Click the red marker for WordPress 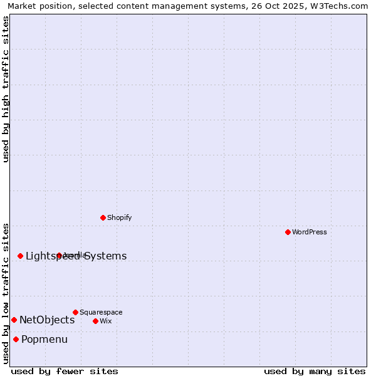coord(288,232)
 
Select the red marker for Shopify coord(103,217)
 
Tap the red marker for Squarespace coord(75,312)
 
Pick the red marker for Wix coord(95,321)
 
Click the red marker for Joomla coord(59,255)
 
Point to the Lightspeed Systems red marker coord(20,256)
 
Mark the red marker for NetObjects coord(14,320)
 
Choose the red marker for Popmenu coord(16,339)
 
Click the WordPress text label coord(310,232)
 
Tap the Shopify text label coord(119,218)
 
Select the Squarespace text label coord(101,313)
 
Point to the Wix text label coord(105,321)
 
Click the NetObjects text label coord(47,320)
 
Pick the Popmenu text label coord(44,340)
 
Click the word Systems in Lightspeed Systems coord(105,256)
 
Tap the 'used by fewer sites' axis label coord(65,371)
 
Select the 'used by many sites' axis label coord(315,371)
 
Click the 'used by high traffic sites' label coord(6,89)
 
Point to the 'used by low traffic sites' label coord(6,293)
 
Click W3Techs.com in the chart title coord(339,6)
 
